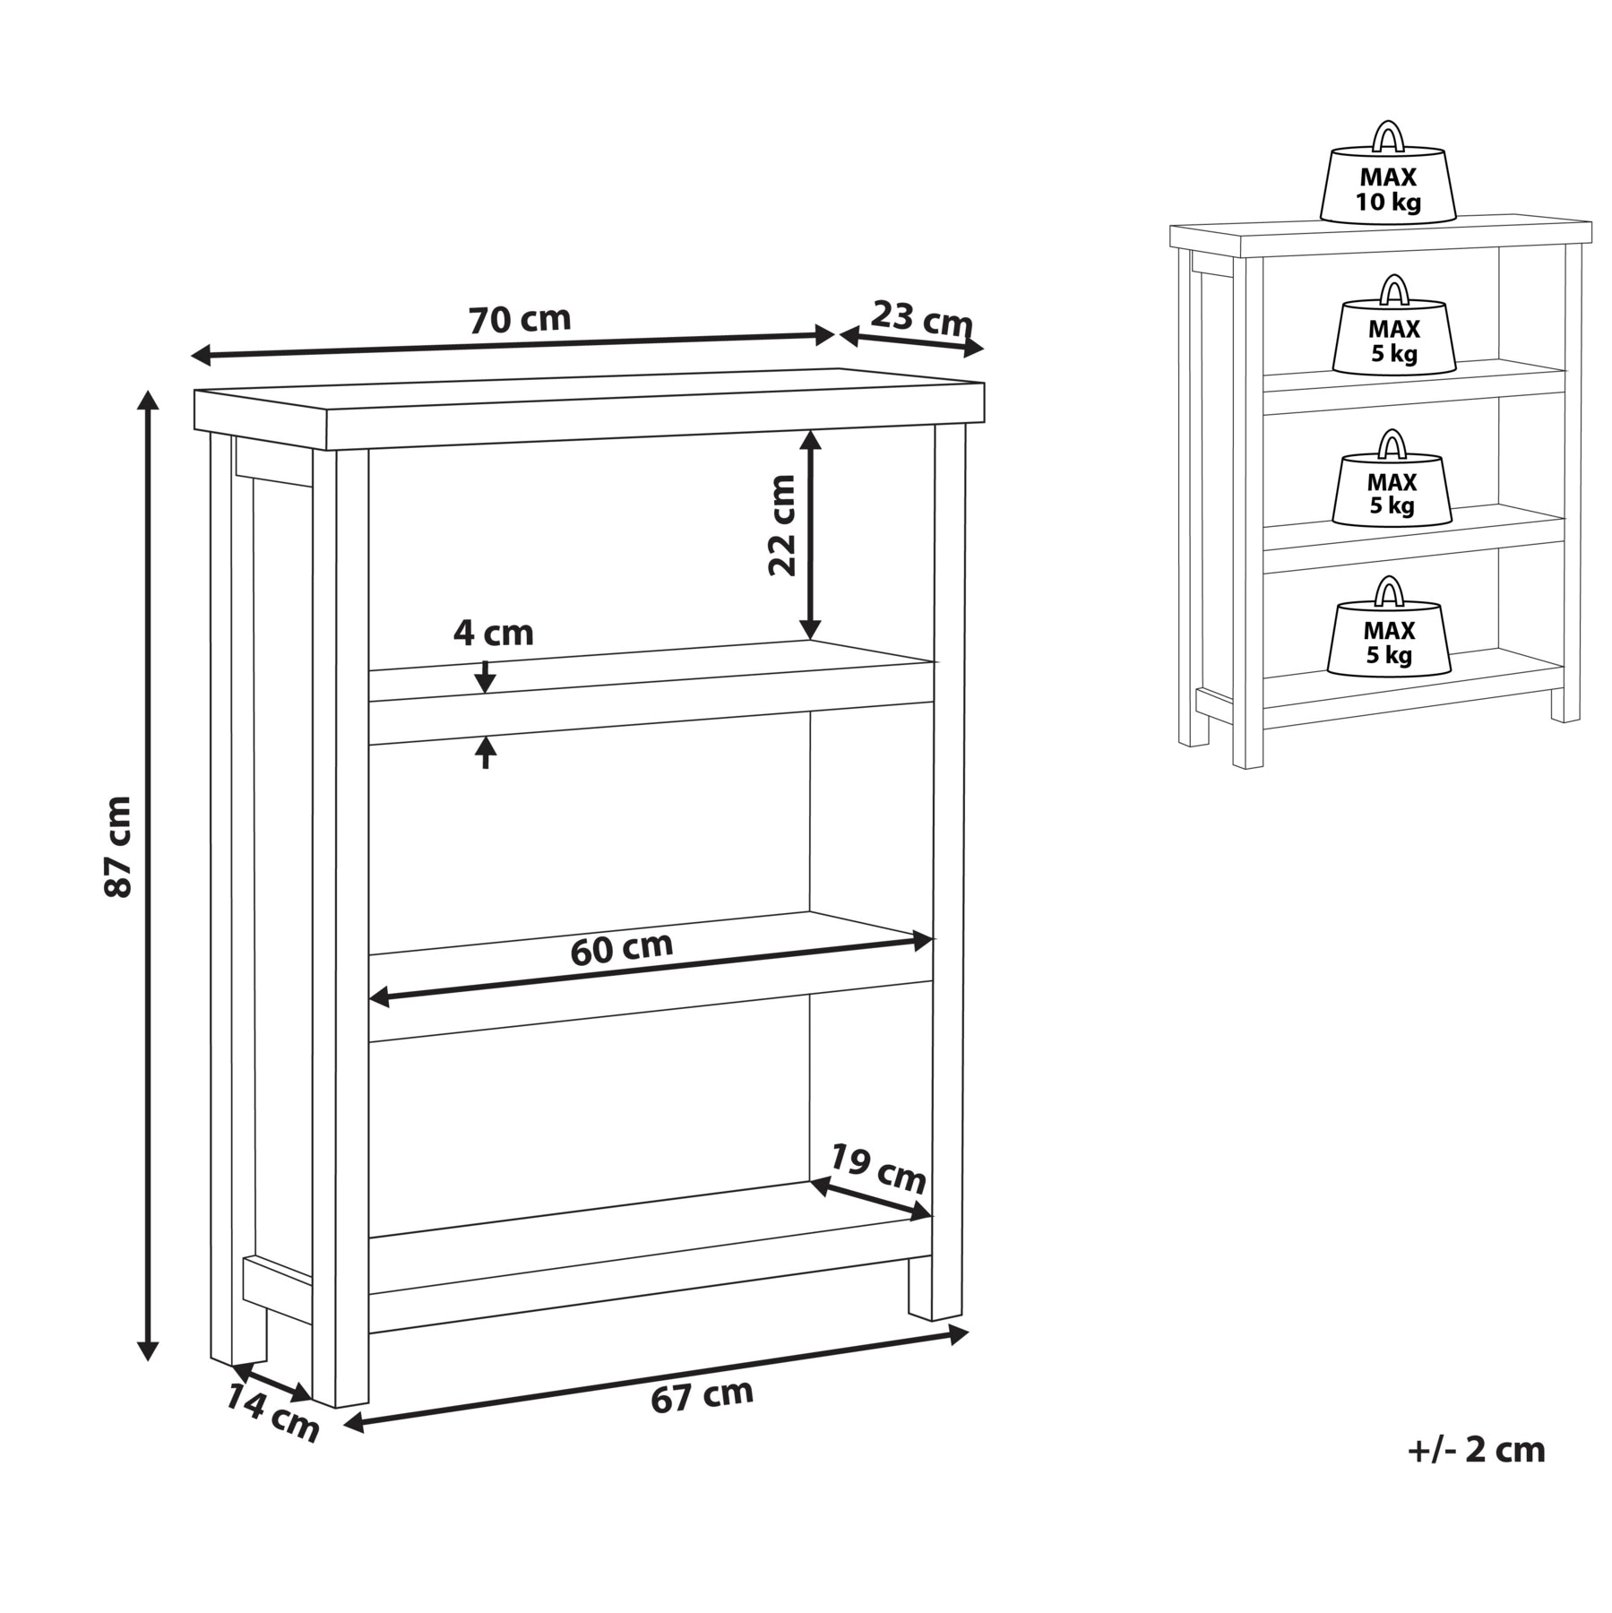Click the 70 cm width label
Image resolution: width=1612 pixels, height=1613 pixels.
pos(520,318)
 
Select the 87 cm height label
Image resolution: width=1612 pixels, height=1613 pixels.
pos(117,846)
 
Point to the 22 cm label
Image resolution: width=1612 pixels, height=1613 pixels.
pos(782,525)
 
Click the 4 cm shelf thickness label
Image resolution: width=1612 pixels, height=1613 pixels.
pos(493,634)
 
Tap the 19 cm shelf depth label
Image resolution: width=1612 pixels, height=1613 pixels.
pos(876,1169)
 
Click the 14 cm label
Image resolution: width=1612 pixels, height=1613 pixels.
pos(272,1412)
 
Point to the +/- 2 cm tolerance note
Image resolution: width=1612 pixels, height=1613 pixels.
pos(1476,1475)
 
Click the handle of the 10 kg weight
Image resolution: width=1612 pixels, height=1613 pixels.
pos(1388,135)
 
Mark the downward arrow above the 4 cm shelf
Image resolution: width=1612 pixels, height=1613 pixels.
pos(485,676)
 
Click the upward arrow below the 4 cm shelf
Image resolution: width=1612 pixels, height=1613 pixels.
pos(485,752)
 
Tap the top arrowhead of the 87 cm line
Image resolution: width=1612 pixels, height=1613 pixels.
pos(148,400)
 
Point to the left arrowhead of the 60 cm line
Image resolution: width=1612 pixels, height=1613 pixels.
pos(379,996)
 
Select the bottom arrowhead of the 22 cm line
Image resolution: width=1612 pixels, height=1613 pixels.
pos(810,629)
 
